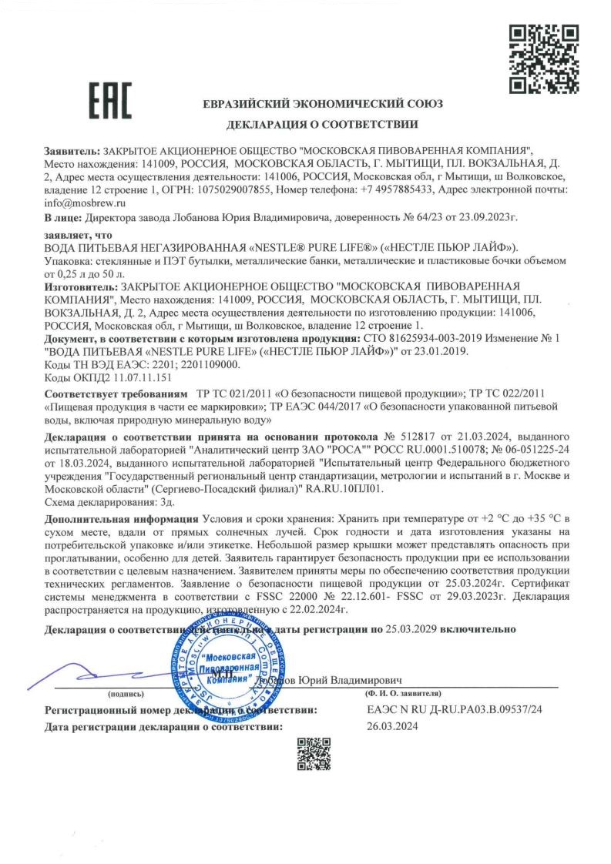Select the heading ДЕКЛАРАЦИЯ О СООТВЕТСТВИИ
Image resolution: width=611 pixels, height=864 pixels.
pos(322,123)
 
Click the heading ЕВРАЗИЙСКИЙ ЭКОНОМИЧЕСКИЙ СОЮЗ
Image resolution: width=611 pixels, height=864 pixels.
pos(322,104)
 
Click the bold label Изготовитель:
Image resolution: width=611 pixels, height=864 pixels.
pos(80,285)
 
